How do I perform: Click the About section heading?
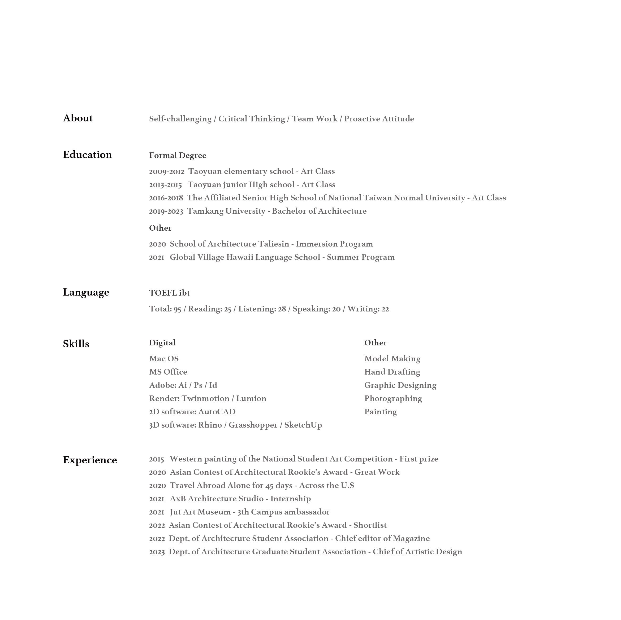(x=78, y=118)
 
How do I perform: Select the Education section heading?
(x=87, y=155)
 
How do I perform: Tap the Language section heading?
(x=86, y=292)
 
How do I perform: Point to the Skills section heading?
(x=76, y=344)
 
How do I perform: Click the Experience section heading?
(x=90, y=460)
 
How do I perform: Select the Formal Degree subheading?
(x=178, y=155)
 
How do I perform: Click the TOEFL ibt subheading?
(x=169, y=293)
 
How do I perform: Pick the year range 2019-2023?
(x=166, y=211)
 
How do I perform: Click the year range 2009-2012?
(x=166, y=172)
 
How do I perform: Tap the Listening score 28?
(x=282, y=309)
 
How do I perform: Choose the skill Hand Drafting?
(x=392, y=372)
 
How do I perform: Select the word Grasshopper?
(x=253, y=425)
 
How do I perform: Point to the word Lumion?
(x=251, y=398)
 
